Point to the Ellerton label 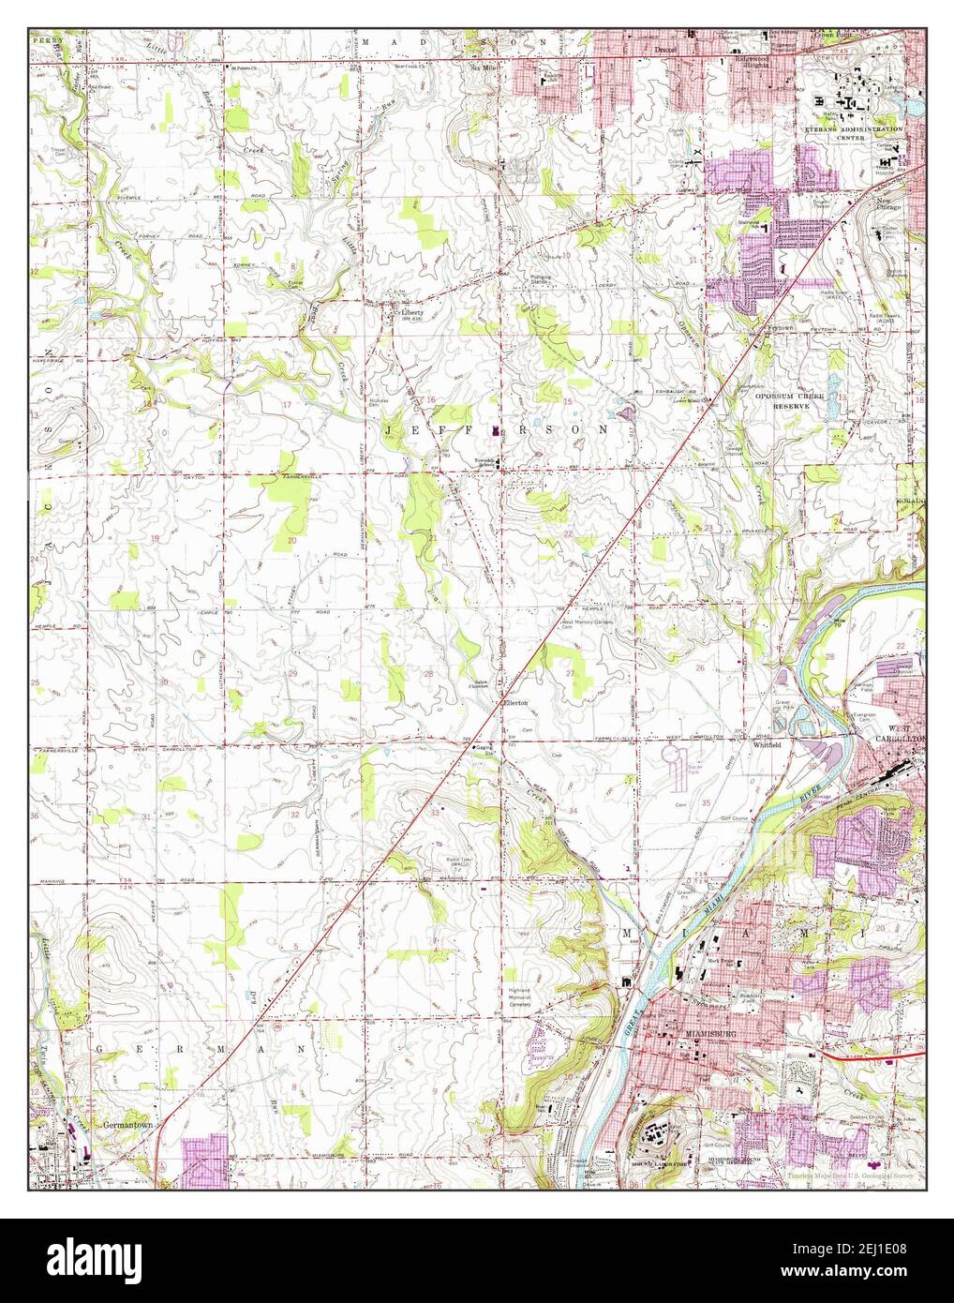[516, 702]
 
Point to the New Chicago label [889, 203]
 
